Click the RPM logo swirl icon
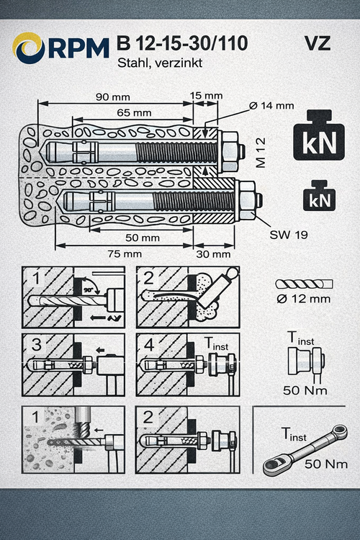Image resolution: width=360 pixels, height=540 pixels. point(29,48)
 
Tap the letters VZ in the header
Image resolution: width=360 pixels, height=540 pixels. point(318,43)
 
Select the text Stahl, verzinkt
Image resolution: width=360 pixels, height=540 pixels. point(158,63)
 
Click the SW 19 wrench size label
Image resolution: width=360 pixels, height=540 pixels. point(285,235)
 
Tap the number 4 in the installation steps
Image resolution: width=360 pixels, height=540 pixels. point(150,346)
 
